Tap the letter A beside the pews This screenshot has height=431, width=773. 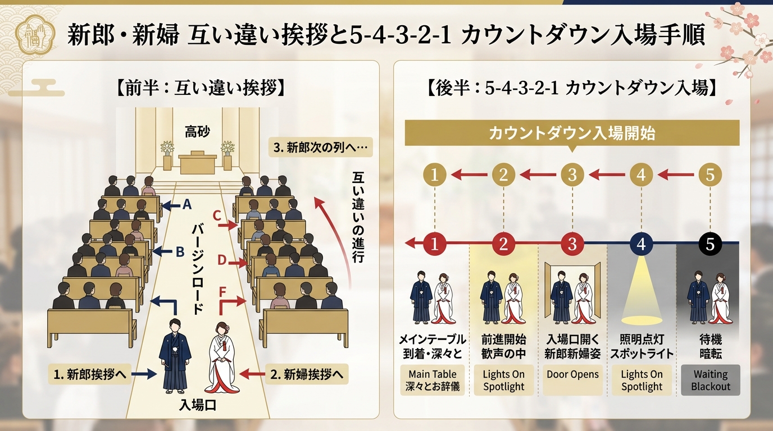click(187, 204)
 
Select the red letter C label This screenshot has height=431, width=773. click(217, 216)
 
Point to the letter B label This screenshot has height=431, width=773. click(180, 252)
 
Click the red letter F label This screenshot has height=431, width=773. click(222, 292)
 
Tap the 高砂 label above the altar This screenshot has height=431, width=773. click(197, 131)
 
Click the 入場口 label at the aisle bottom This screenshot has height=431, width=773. click(197, 406)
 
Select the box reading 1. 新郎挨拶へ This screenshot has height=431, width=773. click(90, 374)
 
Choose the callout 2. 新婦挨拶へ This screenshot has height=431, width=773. click(307, 374)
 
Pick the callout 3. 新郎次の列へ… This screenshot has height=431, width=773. click(321, 148)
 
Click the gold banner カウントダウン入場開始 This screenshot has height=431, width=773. click(572, 133)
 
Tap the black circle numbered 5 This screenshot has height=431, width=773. click(710, 244)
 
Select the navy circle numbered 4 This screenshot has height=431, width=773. click(641, 244)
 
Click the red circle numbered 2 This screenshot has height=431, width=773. click(503, 244)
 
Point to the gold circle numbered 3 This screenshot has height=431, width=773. click(572, 175)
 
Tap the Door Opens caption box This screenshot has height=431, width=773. click(572, 380)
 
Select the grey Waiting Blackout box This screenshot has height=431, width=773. click(711, 380)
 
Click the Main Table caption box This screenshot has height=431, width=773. click(433, 380)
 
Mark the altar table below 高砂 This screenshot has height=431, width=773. click(197, 162)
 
